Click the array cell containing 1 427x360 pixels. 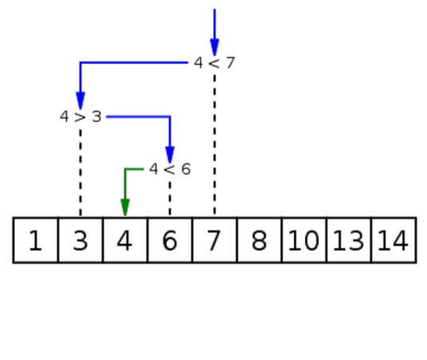coord(35,240)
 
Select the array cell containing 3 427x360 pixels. coord(80,240)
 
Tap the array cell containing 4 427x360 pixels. coord(125,240)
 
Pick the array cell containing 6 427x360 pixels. coord(170,240)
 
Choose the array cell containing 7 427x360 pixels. coord(214,240)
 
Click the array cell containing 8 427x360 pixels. coord(259,240)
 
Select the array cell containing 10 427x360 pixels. coord(304,240)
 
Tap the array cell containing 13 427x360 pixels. coord(349,240)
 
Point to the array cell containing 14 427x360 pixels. coord(394,240)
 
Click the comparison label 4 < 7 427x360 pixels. coord(214,63)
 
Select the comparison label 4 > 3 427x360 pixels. coord(80,116)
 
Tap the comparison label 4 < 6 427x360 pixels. coord(170,169)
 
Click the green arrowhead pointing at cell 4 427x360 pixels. coord(125,208)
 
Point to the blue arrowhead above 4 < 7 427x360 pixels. coord(214,47)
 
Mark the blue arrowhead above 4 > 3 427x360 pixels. coord(80,101)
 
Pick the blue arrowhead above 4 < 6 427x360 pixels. coord(170,155)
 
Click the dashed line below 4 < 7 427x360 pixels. coord(214,145)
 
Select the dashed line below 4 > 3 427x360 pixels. coord(80,172)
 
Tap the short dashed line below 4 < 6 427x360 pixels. coord(170,198)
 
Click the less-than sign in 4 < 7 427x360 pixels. coord(214,64)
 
